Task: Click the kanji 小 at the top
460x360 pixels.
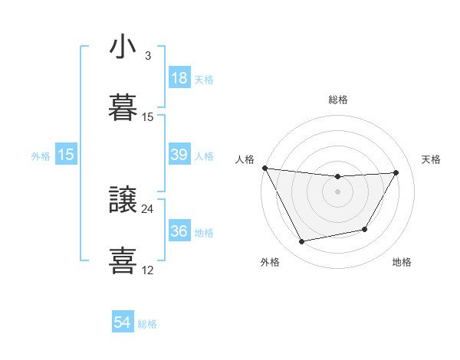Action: (123, 47)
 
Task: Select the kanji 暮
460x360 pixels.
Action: (123, 108)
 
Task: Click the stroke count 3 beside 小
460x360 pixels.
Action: (147, 56)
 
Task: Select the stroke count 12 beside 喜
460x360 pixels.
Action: (148, 270)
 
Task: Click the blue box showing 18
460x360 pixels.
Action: (179, 78)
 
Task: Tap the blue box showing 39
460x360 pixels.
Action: (179, 155)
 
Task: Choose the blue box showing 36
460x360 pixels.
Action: (179, 231)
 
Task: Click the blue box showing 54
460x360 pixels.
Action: (123, 323)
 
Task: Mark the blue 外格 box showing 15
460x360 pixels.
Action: (66, 155)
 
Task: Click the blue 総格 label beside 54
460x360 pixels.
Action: (147, 324)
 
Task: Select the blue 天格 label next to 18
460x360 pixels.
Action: (204, 79)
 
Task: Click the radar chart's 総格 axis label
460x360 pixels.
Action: (338, 100)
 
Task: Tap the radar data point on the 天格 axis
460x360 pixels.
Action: (396, 172)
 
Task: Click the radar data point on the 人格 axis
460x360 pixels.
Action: (264, 168)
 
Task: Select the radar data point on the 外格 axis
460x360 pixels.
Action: (301, 242)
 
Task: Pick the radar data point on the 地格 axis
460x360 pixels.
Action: (365, 229)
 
